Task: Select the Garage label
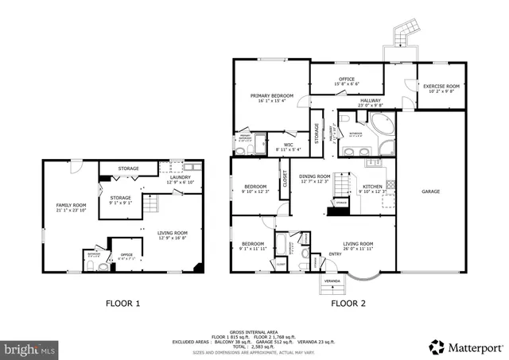click(x=430, y=192)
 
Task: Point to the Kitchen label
click(x=372, y=186)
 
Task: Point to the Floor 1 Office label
click(x=124, y=254)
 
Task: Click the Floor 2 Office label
click(x=346, y=79)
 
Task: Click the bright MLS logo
click(x=31, y=348)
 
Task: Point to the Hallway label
click(x=371, y=100)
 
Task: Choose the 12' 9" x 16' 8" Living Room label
click(x=173, y=234)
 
